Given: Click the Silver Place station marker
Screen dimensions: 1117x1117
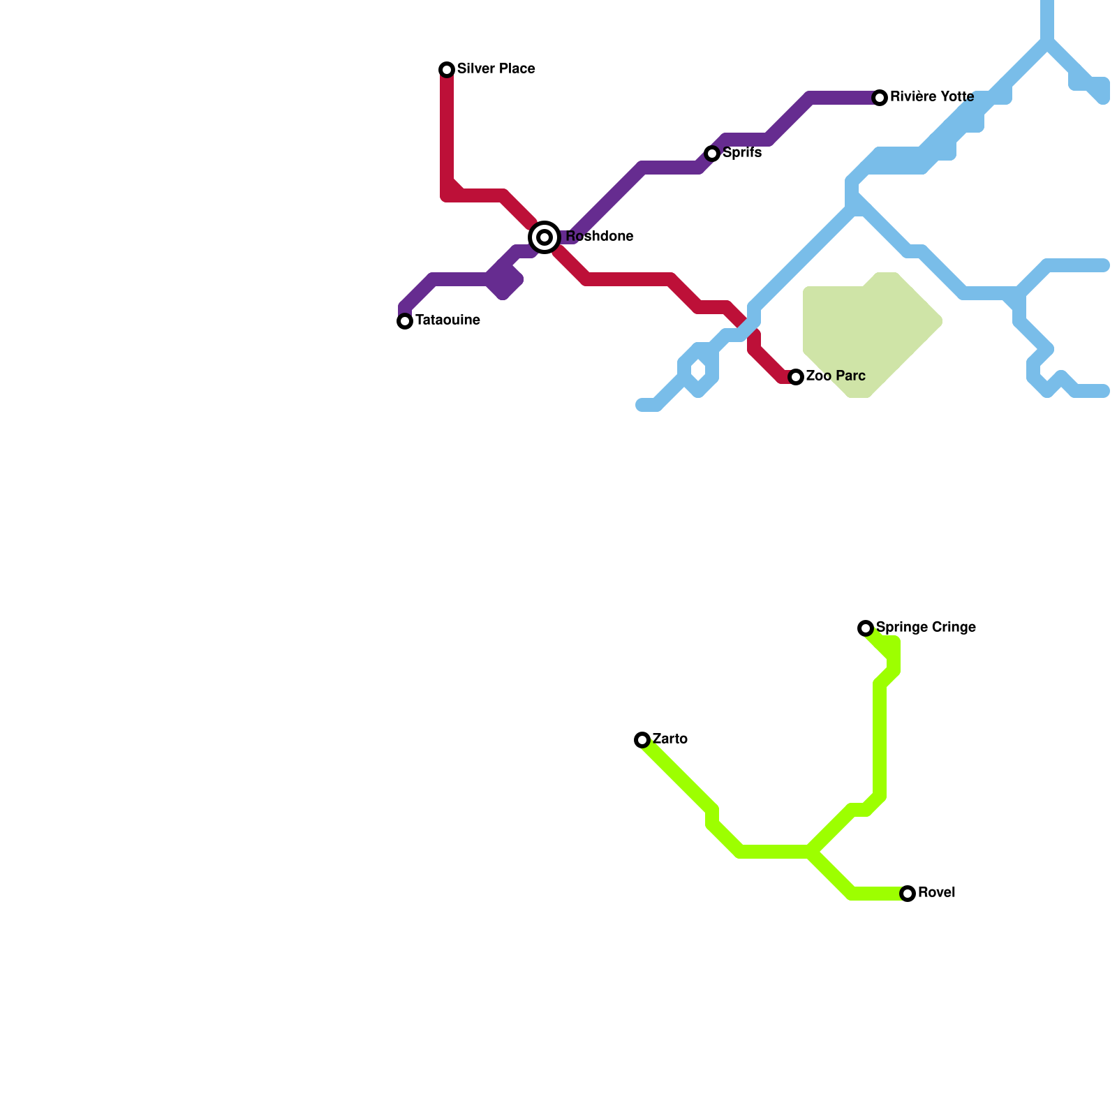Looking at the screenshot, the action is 447,69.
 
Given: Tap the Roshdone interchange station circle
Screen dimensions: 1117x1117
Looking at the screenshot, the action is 545,237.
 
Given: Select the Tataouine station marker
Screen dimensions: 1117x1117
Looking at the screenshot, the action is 405,321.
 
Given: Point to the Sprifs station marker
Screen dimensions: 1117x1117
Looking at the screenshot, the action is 712,154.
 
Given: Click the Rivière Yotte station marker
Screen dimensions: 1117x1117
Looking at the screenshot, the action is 880,98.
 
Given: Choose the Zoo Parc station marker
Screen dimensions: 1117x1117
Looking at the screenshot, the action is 796,377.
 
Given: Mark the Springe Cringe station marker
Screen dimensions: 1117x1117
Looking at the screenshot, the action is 866,628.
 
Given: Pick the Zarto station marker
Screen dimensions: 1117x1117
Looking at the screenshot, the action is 642,740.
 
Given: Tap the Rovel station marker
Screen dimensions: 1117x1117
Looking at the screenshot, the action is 908,894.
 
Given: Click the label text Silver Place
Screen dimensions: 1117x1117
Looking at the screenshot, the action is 496,69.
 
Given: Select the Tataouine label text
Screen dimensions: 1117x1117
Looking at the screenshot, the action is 447,320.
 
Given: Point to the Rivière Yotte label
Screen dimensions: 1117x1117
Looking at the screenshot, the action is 932,97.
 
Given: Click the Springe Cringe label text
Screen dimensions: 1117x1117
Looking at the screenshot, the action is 926,628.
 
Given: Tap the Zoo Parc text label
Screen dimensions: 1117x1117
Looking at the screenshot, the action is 836,376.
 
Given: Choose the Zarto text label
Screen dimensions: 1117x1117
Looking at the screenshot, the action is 670,739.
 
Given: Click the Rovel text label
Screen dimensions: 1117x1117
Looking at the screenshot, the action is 936,893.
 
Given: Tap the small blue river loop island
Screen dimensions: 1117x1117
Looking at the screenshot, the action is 699,370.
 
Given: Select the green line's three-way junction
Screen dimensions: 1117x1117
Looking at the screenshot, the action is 811,852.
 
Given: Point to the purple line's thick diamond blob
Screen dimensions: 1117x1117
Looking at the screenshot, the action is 504,282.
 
